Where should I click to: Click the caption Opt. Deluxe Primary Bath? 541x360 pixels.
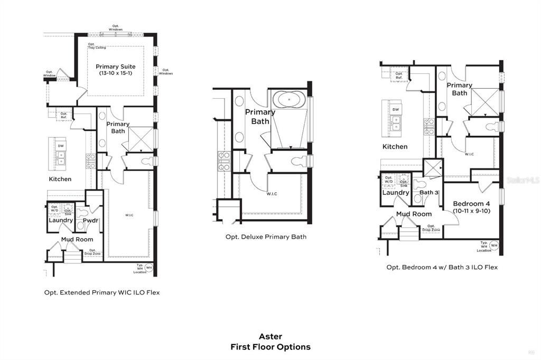click(266, 237)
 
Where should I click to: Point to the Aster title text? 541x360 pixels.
click(270, 336)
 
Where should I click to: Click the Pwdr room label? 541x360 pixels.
click(91, 220)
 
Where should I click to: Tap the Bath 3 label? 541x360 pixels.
click(429, 193)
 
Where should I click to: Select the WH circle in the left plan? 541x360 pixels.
click(148, 268)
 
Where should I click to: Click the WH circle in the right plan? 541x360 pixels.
click(494, 245)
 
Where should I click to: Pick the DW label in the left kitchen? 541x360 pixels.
click(61, 146)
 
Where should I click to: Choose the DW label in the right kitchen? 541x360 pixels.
click(396, 110)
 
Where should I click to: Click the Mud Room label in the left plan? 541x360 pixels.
click(77, 239)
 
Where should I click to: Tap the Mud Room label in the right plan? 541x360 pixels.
click(414, 214)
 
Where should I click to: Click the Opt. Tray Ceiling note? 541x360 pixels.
click(97, 46)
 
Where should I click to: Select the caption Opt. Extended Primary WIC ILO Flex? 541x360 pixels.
click(101, 292)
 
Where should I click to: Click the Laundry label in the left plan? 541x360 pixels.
click(61, 220)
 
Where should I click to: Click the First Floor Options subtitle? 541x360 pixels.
click(270, 347)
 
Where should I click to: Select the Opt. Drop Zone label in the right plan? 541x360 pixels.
click(431, 228)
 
